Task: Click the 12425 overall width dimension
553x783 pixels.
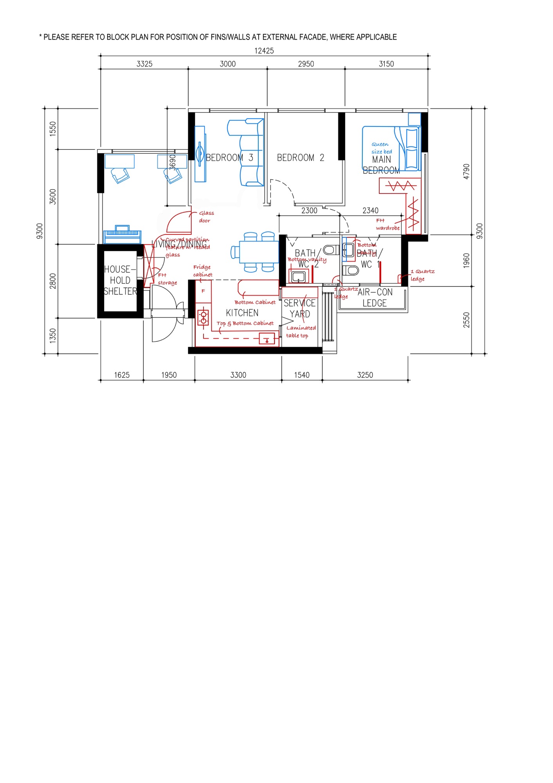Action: [264, 51]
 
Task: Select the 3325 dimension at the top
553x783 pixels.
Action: [144, 64]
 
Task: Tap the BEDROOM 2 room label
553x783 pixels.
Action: [301, 157]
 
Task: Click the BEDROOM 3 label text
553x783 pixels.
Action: [229, 157]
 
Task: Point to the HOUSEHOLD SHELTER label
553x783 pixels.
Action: [120, 280]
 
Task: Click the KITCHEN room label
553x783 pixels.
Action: [242, 313]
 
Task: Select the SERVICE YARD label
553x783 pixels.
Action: [300, 309]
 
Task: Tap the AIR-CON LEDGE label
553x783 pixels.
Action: [375, 298]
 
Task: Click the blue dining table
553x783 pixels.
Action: [259, 252]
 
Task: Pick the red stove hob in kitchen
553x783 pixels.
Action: [204, 318]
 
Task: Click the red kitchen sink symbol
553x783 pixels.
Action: [267, 338]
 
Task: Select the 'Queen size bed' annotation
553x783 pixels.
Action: [382, 148]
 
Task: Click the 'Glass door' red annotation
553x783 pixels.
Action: [206, 217]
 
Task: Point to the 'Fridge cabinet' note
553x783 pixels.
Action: [202, 271]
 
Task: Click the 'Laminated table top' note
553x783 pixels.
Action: [301, 332]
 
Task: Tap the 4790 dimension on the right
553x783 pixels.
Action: [466, 171]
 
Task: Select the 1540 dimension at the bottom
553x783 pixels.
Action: [302, 375]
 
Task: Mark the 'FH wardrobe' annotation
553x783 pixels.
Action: [387, 224]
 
